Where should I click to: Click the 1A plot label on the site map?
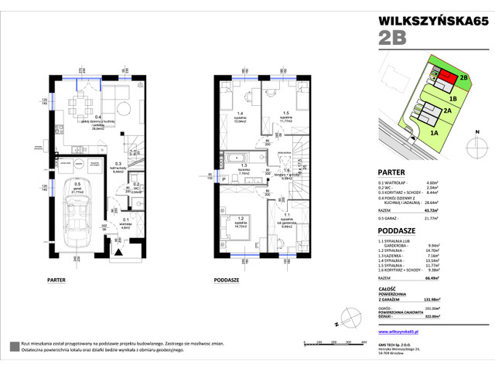tap(434, 133)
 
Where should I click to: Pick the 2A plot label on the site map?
tap(447, 111)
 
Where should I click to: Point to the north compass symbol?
tap(349, 315)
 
